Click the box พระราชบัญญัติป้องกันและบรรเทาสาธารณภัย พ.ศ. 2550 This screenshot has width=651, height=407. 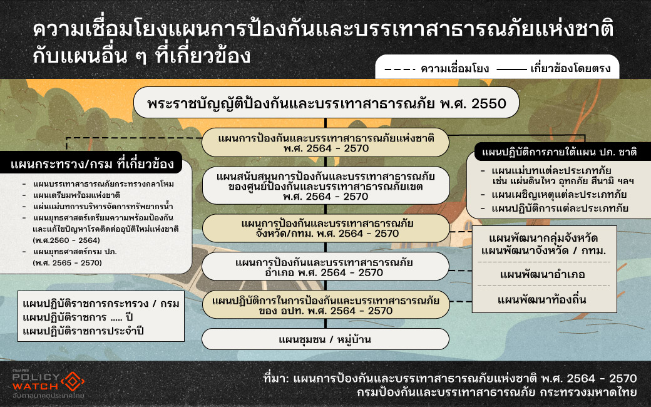326,103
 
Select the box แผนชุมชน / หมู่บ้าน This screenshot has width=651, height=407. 325,339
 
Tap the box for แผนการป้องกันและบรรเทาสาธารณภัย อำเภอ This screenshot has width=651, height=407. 325,267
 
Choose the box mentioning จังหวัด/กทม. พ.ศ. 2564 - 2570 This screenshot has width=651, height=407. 326,229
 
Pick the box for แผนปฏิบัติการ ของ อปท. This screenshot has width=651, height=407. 326,305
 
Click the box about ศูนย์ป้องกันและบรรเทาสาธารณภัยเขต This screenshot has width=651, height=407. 326,185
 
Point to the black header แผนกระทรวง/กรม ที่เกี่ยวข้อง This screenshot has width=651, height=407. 91,163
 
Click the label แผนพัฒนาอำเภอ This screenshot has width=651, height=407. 542,274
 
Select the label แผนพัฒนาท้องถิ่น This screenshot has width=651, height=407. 542,299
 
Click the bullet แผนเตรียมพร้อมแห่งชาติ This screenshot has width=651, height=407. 76,195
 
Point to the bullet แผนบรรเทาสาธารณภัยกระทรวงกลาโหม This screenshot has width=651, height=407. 103,184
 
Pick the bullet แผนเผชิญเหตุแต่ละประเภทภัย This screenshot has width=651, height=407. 559,194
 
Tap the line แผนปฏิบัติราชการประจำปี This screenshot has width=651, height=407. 83,331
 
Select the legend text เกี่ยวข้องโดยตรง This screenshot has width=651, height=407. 570,68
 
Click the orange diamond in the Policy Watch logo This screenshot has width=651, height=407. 73,381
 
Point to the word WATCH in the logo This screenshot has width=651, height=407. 35,386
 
